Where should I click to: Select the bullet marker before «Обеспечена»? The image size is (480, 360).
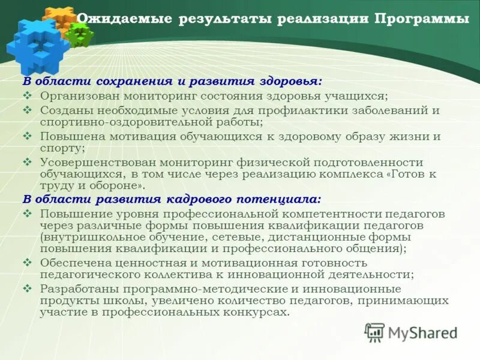coord(27,262)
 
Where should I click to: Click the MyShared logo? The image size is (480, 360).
coord(411,332)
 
